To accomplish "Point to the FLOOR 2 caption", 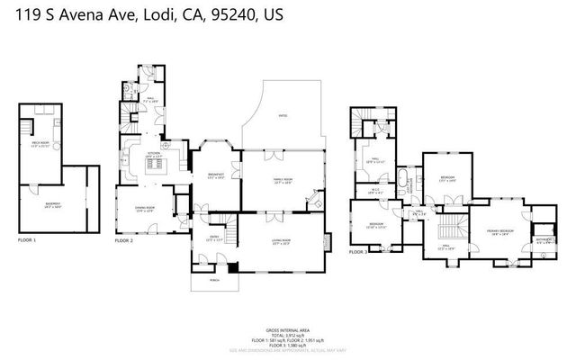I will [124, 241].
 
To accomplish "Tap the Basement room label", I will [52, 205].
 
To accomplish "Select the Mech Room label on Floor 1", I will [40, 144].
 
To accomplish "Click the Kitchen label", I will [154, 154].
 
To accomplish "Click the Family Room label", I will [283, 181].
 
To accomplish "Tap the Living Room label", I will [283, 240].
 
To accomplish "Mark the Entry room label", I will [213, 238].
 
